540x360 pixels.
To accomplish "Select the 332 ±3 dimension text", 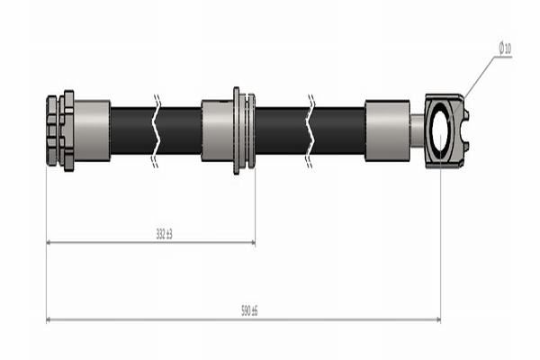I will point(163,234).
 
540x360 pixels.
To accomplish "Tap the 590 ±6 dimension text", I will point(248,310).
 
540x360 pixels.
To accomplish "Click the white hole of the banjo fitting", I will point(441,131).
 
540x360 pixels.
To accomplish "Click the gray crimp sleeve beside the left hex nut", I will point(92,130).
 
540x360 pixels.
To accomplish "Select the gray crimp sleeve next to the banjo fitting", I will point(387,130).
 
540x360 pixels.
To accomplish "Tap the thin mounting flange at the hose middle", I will point(238,130).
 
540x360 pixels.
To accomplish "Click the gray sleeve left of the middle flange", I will point(217,130).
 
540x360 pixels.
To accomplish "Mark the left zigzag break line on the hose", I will point(157,130).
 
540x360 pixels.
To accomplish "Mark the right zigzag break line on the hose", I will point(310,130).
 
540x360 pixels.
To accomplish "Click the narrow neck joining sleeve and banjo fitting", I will point(417,130).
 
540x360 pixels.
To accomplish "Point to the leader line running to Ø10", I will point(481,76).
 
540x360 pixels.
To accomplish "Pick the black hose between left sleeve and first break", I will point(132,130).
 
